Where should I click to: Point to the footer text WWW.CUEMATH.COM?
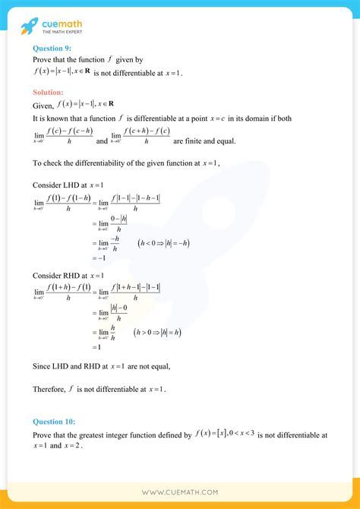coord(179,492)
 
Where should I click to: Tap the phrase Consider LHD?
coord(55,185)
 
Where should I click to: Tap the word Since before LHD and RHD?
coord(42,366)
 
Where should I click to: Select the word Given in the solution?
coord(43,106)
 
